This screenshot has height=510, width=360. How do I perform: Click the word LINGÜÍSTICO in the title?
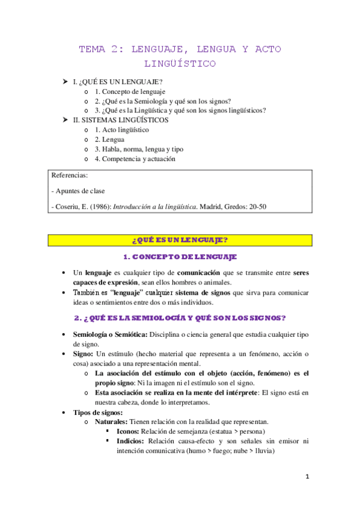pos(180,63)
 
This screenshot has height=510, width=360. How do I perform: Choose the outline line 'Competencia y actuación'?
pos(138,159)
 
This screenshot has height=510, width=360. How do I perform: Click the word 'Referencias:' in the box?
pos(70,176)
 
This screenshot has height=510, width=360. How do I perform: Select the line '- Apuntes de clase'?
pos(78,191)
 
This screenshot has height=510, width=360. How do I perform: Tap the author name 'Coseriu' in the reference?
pos(69,206)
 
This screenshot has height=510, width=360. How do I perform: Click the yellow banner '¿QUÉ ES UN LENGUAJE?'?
pos(180,240)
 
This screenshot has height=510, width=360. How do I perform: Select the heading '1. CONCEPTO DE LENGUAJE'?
pos(180,257)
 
